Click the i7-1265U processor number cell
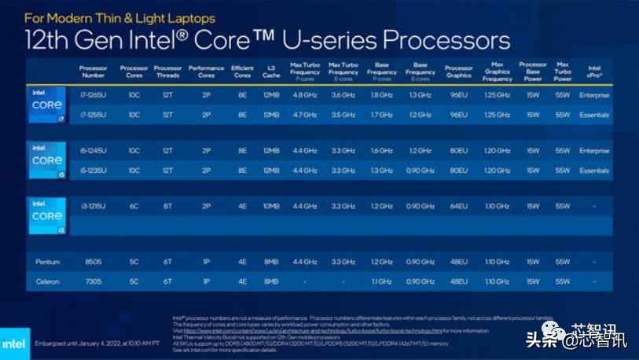[94, 95]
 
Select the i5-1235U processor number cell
[94, 171]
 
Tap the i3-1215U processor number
[94, 206]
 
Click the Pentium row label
[46, 262]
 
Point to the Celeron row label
[46, 281]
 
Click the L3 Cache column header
[271, 72]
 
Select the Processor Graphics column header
[458, 72]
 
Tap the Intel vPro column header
[594, 72]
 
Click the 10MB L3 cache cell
[271, 206]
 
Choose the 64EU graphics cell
[458, 206]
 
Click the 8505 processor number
[94, 262]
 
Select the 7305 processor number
[94, 281]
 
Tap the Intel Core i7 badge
[46, 105]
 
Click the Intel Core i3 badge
[46, 215]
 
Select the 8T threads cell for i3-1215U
[168, 206]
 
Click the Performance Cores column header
[207, 72]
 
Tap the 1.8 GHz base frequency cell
[382, 95]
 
